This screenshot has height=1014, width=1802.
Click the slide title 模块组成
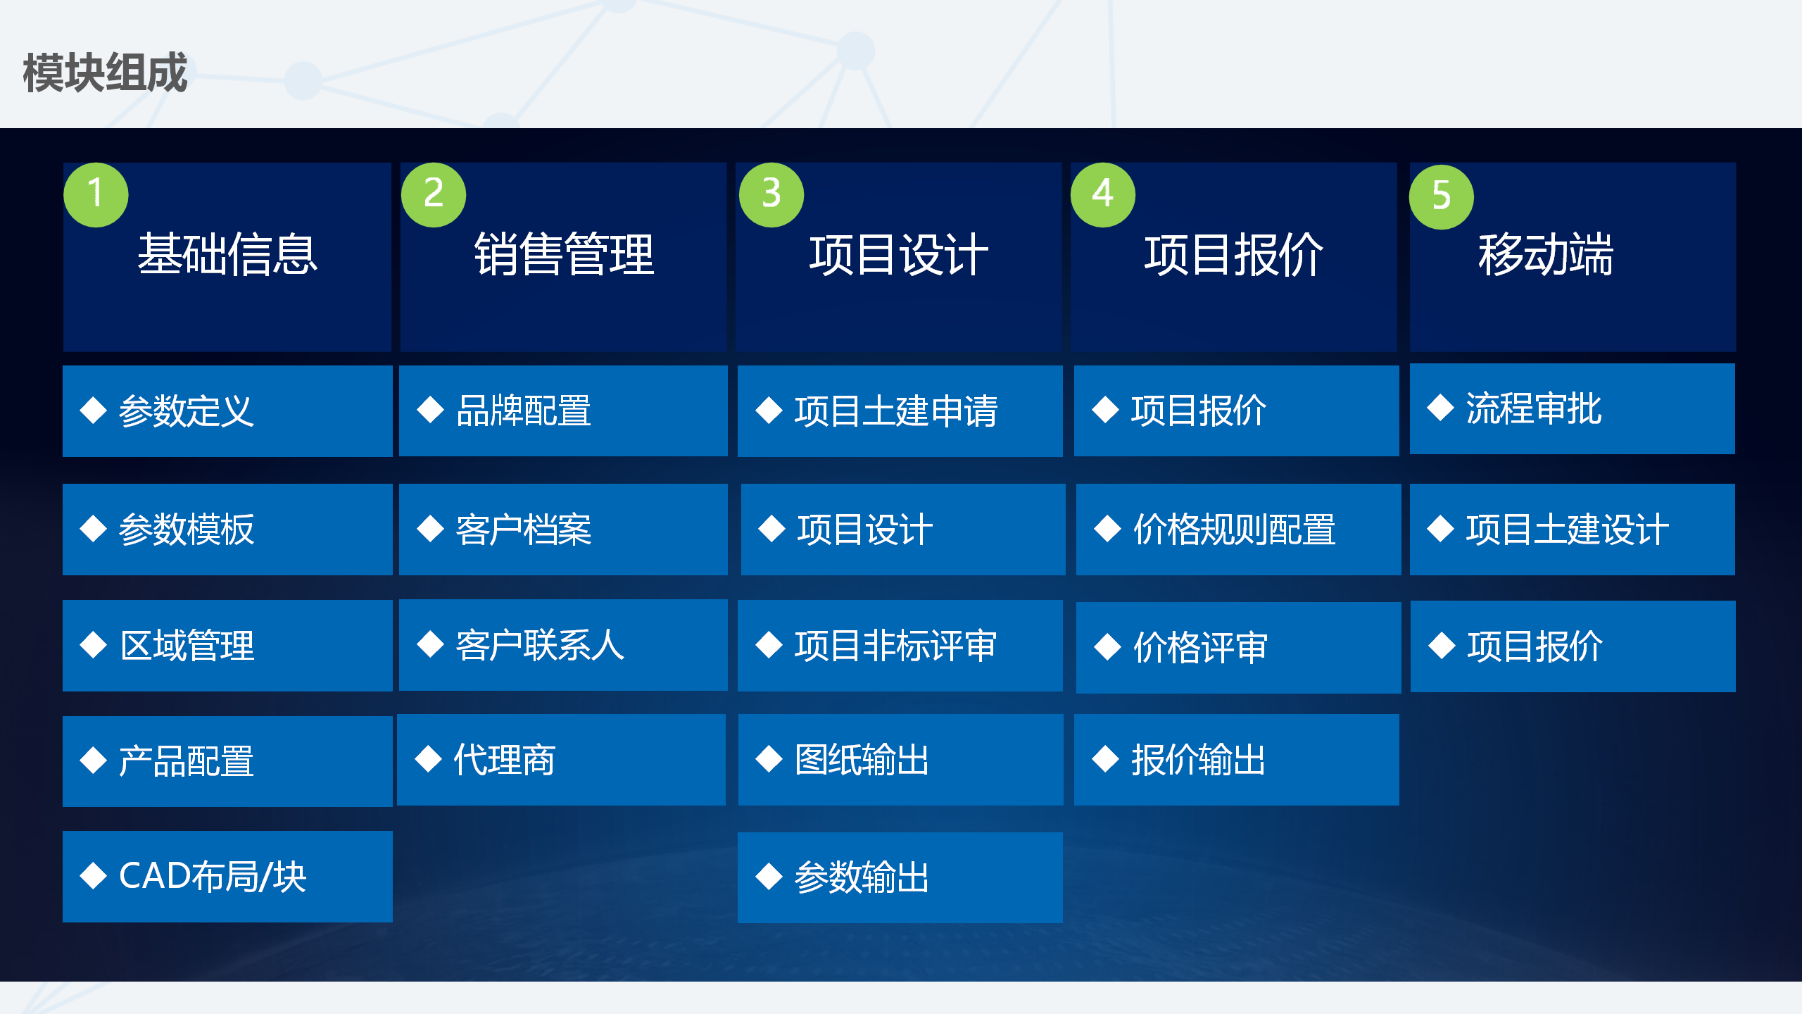tap(105, 73)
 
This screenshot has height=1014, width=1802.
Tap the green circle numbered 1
tap(96, 195)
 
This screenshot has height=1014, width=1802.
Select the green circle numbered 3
tap(771, 195)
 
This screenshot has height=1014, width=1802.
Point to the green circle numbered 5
tap(1441, 196)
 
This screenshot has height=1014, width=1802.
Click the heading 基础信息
tap(227, 254)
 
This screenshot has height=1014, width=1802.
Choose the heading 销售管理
tap(564, 254)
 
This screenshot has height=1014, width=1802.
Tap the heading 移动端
tap(1546, 254)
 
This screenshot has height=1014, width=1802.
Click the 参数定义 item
tap(186, 411)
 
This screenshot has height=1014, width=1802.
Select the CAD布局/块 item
tap(213, 877)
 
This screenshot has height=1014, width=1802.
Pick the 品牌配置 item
tap(524, 411)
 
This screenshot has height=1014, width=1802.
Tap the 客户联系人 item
tap(540, 646)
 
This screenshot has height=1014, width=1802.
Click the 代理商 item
tap(504, 760)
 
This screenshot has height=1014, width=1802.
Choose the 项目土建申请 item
tap(896, 411)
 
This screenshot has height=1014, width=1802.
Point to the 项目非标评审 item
tap(896, 646)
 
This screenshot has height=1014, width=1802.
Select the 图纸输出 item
tap(862, 760)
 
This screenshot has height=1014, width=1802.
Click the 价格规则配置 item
tap(1235, 530)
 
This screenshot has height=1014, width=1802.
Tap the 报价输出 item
tap(1198, 760)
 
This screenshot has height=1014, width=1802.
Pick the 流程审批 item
tap(1534, 409)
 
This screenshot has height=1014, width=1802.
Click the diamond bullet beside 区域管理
tap(94, 646)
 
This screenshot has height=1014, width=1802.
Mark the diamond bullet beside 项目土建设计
tap(1440, 530)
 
